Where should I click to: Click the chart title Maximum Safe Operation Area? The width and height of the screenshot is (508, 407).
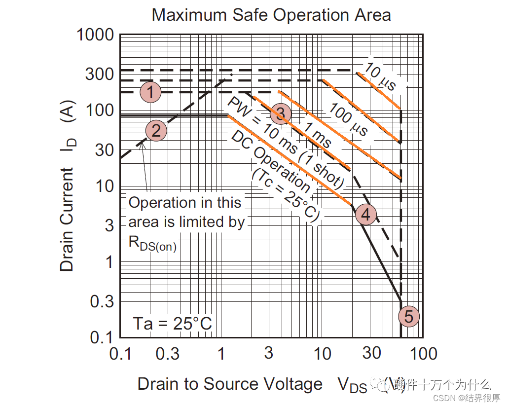(x=271, y=15)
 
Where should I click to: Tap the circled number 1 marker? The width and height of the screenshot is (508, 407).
(x=150, y=92)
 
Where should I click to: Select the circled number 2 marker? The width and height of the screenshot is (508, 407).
(x=156, y=131)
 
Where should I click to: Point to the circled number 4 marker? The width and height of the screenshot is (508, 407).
(x=365, y=214)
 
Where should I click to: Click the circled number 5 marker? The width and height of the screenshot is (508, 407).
(x=408, y=316)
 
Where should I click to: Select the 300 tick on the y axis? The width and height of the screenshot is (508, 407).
(x=100, y=74)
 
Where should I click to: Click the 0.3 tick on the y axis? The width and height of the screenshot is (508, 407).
(x=102, y=301)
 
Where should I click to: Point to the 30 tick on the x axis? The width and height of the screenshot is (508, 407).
(x=371, y=353)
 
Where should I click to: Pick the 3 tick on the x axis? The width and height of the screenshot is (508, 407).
(x=268, y=353)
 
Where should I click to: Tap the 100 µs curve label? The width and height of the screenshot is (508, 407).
(x=349, y=120)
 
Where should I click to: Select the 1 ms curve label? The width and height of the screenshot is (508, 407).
(x=317, y=135)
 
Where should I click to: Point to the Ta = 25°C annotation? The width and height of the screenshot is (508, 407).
(x=172, y=324)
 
